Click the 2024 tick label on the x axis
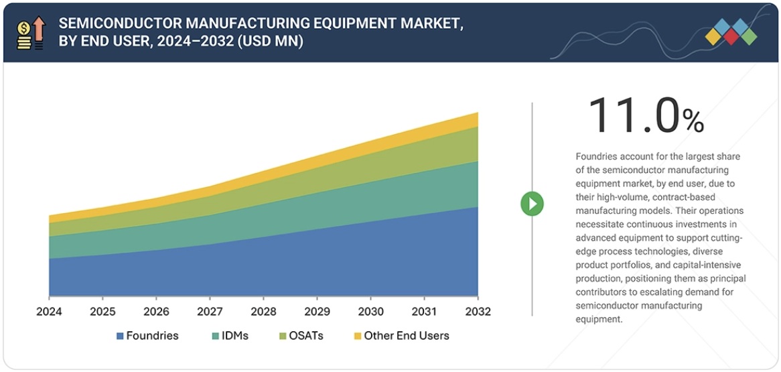[x=49, y=312]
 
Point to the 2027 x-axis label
[x=210, y=312]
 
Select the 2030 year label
[x=370, y=312]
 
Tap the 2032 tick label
[x=478, y=312]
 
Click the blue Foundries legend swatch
[x=120, y=336]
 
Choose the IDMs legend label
[x=234, y=335]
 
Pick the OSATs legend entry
[x=305, y=335]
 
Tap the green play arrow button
[x=532, y=204]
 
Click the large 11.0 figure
[x=633, y=115]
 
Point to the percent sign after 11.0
[x=693, y=121]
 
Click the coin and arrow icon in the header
[x=30, y=33]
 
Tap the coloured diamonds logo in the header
[x=731, y=32]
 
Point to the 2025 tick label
[x=102, y=312]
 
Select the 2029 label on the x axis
[x=317, y=312]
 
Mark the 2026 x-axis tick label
[x=156, y=312]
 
